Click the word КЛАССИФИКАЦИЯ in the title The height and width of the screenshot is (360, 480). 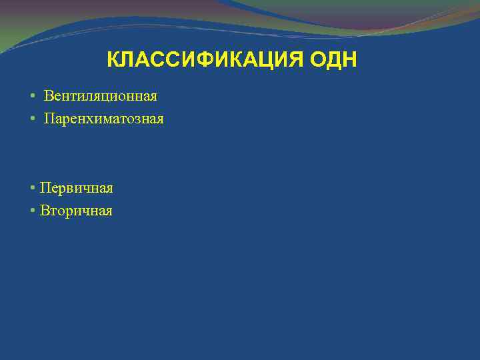(206, 61)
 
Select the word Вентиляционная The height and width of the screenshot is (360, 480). (101, 96)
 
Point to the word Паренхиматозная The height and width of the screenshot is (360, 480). (103, 119)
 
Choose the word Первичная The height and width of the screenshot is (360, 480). (76, 188)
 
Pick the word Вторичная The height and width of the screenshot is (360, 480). (76, 211)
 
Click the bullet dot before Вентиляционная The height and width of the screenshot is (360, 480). (33, 97)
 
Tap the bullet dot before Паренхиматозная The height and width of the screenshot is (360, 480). (33, 119)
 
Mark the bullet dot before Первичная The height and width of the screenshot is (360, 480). (33, 189)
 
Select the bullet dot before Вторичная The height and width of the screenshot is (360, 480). (33, 211)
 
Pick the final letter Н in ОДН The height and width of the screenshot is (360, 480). (350, 61)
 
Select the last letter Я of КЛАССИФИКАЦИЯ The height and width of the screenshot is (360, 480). (297, 61)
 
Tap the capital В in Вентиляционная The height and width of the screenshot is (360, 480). (49, 96)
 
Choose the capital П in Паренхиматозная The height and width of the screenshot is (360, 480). (49, 119)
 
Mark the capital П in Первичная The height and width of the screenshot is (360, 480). (45, 188)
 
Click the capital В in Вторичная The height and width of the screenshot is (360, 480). (44, 211)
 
